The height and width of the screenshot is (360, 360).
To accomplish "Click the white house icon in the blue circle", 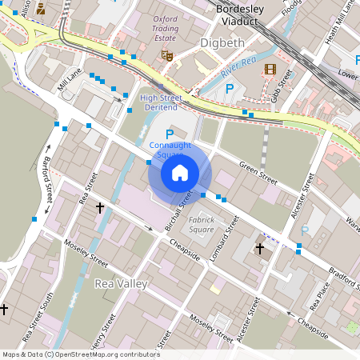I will (x=180, y=172).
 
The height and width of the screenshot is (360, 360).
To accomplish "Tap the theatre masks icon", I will (x=167, y=55).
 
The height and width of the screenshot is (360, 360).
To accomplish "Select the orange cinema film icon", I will (x=270, y=70).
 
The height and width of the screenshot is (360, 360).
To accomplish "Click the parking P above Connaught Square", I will (x=169, y=134).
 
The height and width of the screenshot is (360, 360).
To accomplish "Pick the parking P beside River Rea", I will (x=230, y=88).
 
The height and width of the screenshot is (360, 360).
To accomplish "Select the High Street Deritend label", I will (x=161, y=102).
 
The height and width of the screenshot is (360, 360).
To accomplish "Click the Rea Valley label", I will (x=121, y=284).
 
